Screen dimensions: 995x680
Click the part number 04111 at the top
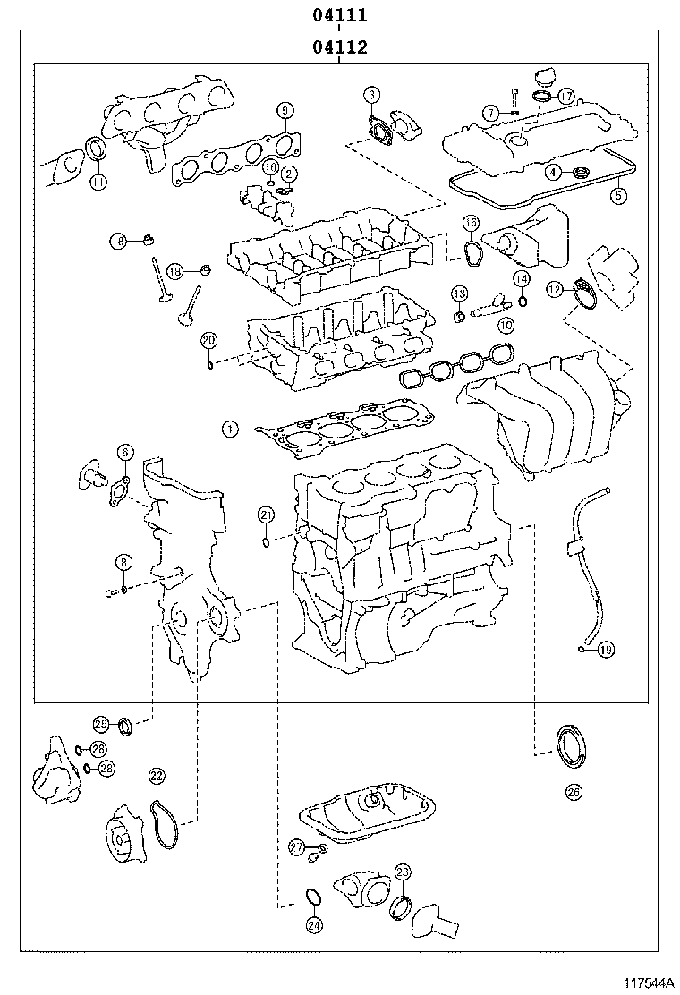tap(340, 15)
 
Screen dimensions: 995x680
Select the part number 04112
tap(340, 47)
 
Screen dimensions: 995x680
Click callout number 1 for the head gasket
tap(230, 430)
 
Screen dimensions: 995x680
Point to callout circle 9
tap(285, 111)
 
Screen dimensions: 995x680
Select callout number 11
tap(98, 183)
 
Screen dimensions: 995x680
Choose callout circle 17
tap(565, 96)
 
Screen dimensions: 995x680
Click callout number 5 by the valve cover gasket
tap(617, 193)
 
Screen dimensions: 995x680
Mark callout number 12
tap(555, 289)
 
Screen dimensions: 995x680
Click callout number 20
tap(208, 339)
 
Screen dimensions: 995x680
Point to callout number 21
tap(266, 514)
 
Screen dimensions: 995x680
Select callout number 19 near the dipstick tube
tap(606, 650)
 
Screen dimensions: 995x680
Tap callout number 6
tap(123, 453)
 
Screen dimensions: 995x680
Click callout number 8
tap(123, 562)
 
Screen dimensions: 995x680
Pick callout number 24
tap(313, 925)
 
